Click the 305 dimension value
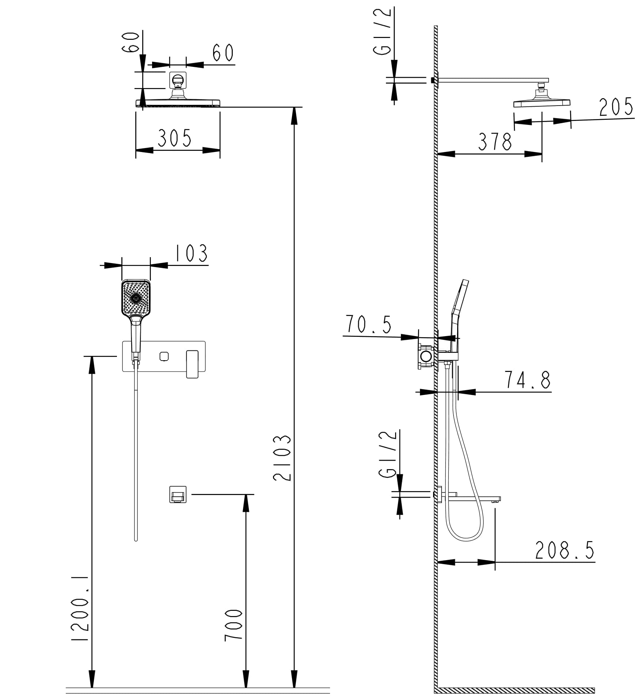pyautogui.click(x=174, y=138)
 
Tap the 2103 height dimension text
pyautogui.click(x=282, y=457)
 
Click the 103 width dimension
pyautogui.click(x=191, y=253)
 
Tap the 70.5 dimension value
pyautogui.click(x=368, y=324)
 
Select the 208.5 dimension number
pyautogui.click(x=565, y=550)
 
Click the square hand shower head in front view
pyautogui.click(x=136, y=298)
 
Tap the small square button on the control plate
pyautogui.click(x=164, y=356)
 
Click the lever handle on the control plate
pyautogui.click(x=192, y=364)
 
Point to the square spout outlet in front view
pyautogui.click(x=178, y=494)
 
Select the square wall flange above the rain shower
pyautogui.click(x=178, y=80)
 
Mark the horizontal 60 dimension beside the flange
pyautogui.click(x=223, y=53)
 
